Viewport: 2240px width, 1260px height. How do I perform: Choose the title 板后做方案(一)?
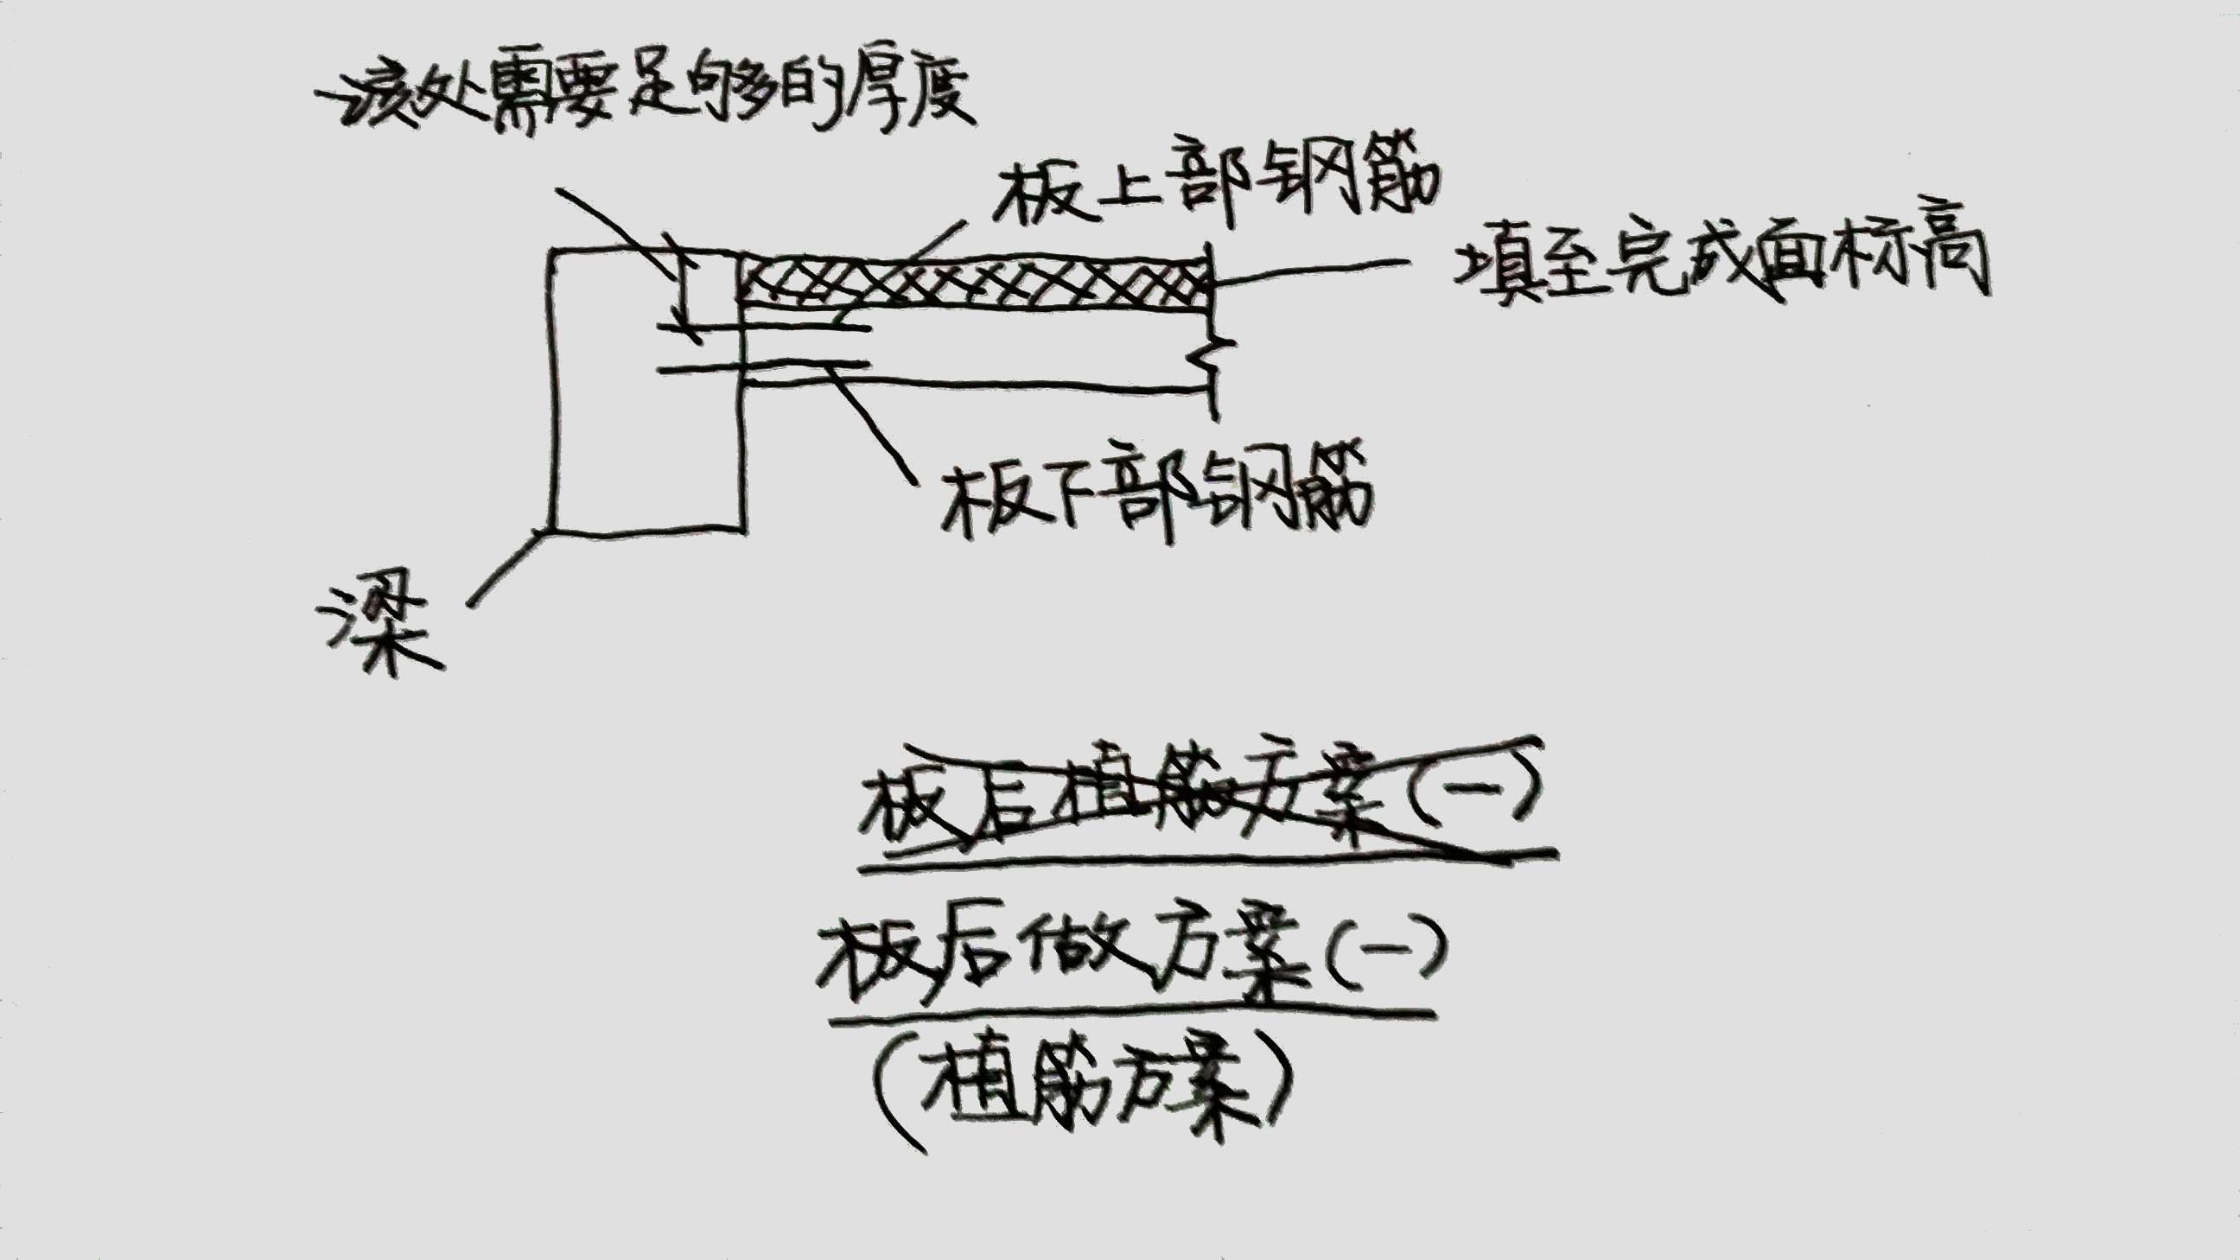(x=1130, y=957)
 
